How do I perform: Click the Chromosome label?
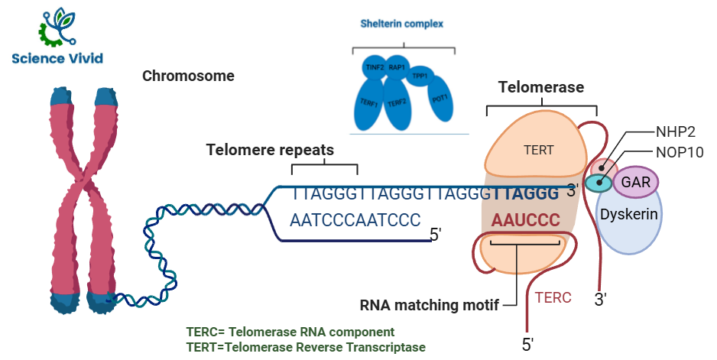coord(188,76)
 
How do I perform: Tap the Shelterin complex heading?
coord(401,24)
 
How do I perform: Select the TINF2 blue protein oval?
coord(375,68)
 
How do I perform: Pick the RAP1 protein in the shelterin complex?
coord(397,67)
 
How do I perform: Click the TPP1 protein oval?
coord(419,76)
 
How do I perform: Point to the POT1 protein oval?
coord(440,100)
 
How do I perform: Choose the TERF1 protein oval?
coord(370,103)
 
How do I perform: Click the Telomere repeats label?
coord(270,150)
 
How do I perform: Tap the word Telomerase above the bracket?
coord(540,87)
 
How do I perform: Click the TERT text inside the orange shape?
coord(539,150)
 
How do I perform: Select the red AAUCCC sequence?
coord(526,220)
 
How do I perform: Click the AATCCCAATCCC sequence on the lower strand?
coord(355,220)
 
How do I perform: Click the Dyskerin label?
coord(628,215)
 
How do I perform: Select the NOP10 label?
coord(679,151)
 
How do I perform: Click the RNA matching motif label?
coord(429,305)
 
